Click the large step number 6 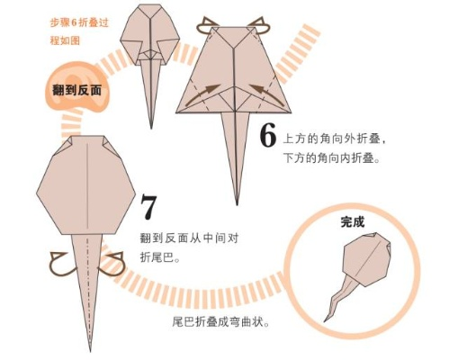point(267,135)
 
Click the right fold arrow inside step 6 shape point(265,91)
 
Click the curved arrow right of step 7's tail point(113,264)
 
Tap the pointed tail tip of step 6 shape point(238,200)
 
